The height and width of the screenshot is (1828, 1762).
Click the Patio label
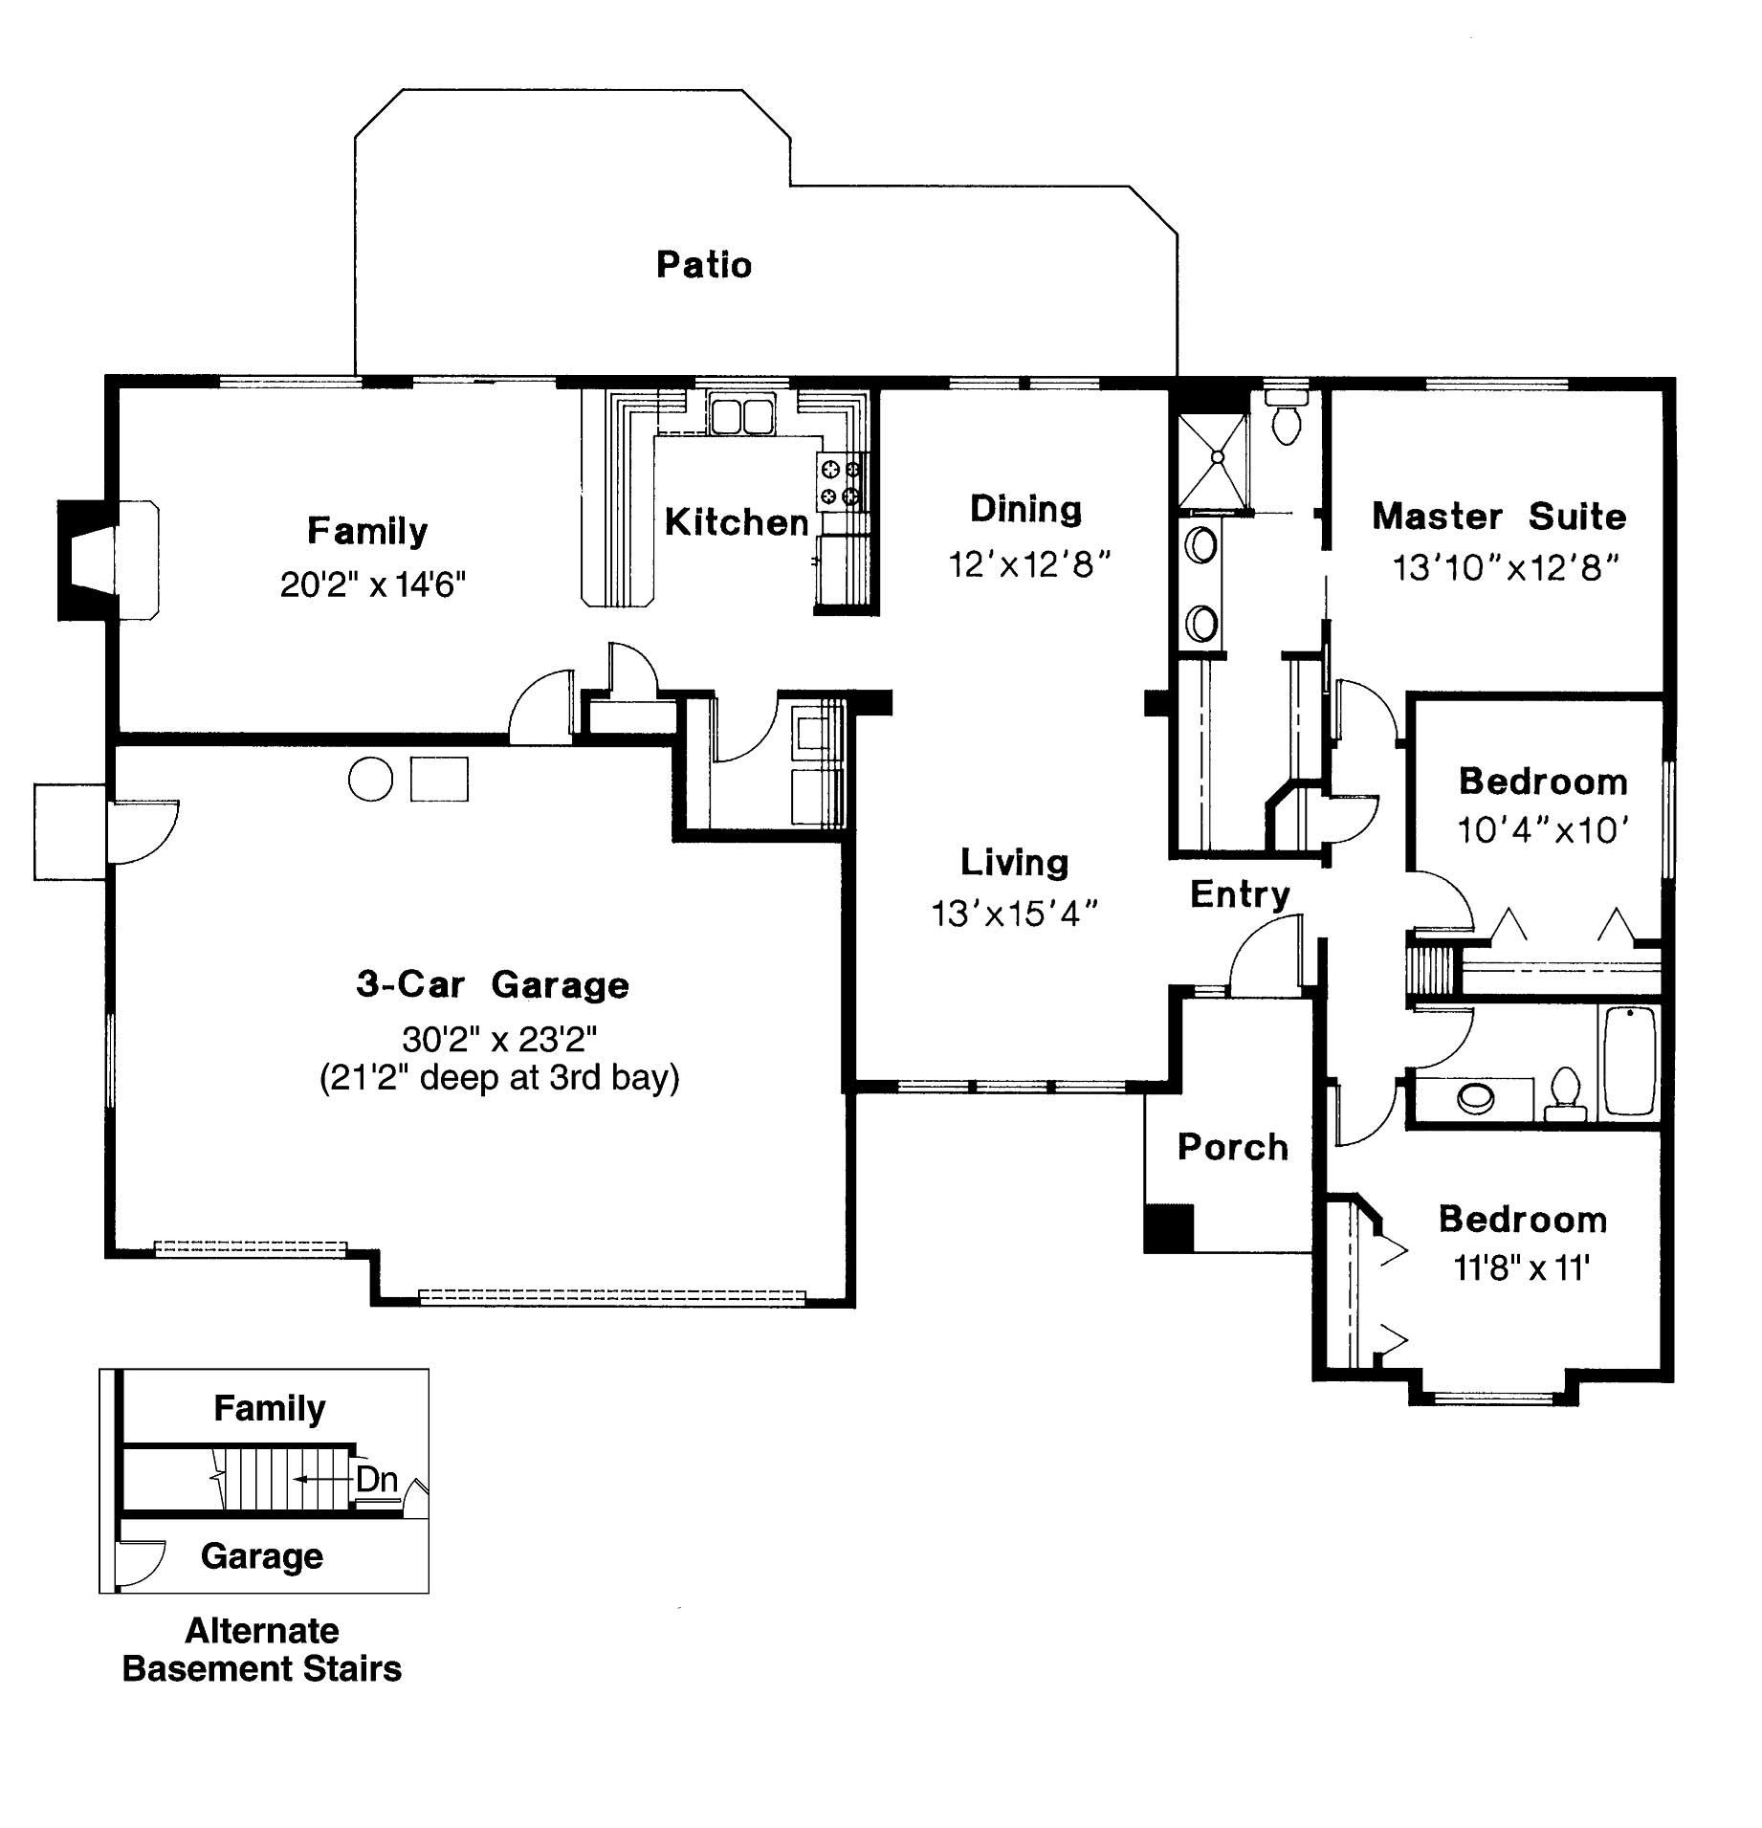[x=704, y=265]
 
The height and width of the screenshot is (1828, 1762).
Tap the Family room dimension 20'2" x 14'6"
[x=372, y=584]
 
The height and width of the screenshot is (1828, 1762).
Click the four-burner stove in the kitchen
[x=840, y=483]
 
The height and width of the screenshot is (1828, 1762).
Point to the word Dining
[x=1025, y=509]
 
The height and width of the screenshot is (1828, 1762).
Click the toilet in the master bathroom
[x=1288, y=421]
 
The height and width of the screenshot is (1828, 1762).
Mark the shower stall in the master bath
[x=1212, y=461]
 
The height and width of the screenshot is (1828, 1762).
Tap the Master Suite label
[x=1498, y=517]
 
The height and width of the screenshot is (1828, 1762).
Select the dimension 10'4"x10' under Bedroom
[x=1542, y=829]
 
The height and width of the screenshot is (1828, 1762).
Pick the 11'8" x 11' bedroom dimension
[x=1521, y=1268]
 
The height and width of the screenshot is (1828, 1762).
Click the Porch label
[x=1232, y=1147]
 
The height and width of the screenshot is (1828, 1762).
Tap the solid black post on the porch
[x=1169, y=1227]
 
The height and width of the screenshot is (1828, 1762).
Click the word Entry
[x=1240, y=894]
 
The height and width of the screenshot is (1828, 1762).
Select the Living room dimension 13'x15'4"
[x=1014, y=914]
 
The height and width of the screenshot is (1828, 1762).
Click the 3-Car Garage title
[x=493, y=984]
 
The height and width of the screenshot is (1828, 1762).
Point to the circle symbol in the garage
[x=370, y=779]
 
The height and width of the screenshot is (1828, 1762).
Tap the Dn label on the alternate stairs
[x=376, y=1480]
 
